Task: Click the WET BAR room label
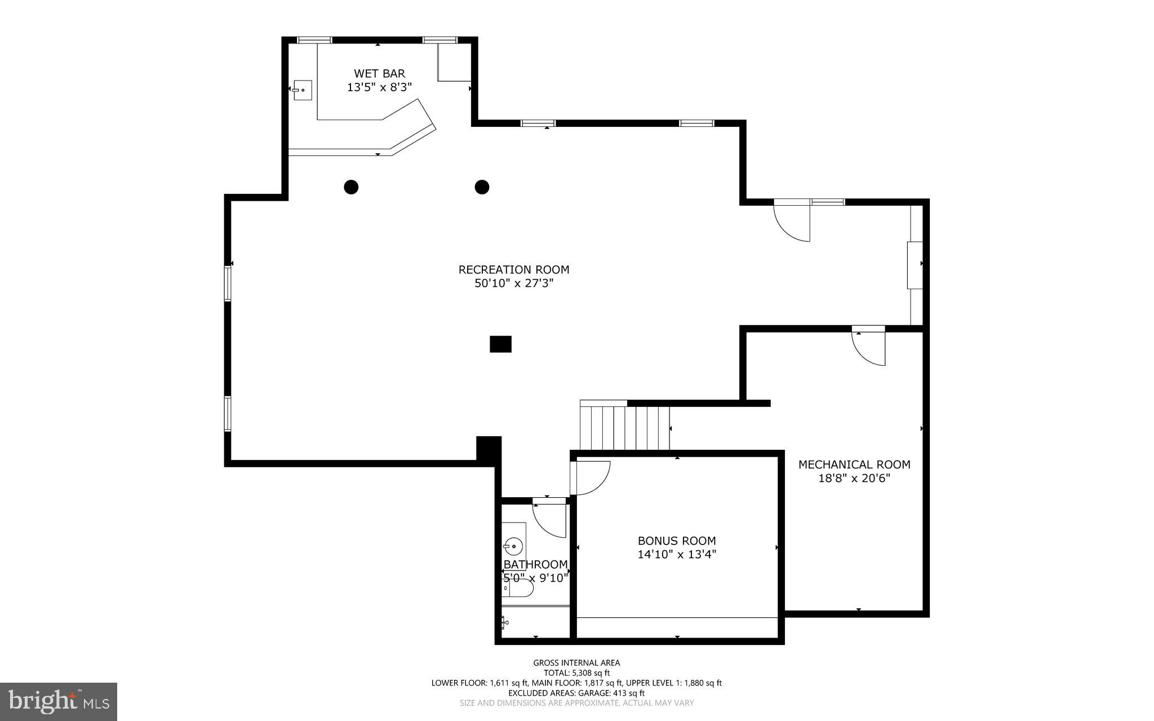point(379,73)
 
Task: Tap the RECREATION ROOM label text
point(514,269)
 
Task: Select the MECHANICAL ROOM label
point(854,465)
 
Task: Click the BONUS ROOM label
point(677,541)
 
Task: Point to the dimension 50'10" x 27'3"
point(514,284)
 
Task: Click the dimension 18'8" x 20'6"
point(854,479)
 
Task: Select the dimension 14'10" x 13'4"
point(677,555)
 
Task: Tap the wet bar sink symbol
point(303,90)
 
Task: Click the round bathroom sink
point(514,546)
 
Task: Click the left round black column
point(351,187)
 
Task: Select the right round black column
point(482,187)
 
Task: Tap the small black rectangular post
point(500,344)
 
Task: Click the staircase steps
point(625,428)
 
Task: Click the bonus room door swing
point(591,477)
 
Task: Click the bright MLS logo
point(59,701)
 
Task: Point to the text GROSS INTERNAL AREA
point(576,663)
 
